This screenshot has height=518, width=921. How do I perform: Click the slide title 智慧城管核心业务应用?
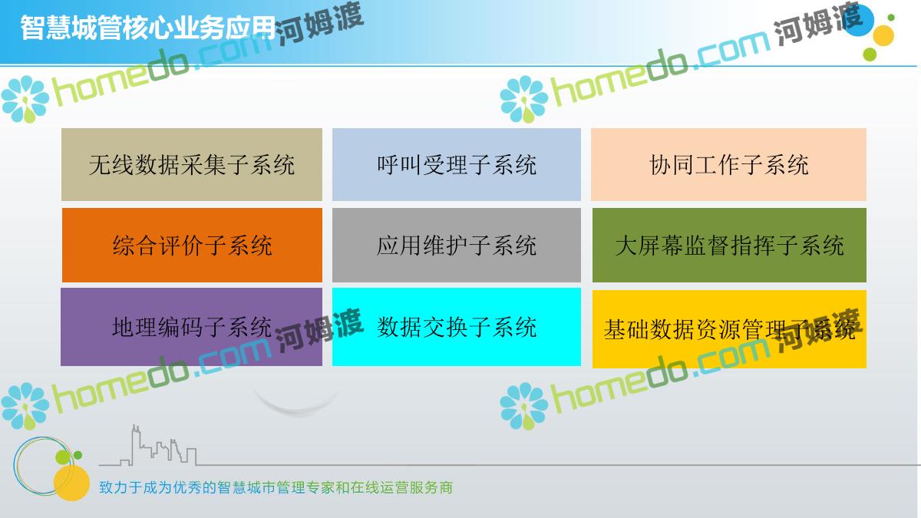point(147,28)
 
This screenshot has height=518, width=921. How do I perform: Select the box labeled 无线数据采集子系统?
point(192,164)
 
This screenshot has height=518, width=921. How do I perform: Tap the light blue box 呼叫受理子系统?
point(457,164)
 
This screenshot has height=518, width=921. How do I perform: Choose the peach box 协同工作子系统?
point(728,164)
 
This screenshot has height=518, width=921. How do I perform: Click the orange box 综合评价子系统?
point(192,245)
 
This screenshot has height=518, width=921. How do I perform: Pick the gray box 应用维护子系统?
point(457,245)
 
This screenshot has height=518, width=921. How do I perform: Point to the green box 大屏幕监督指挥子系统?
point(729,245)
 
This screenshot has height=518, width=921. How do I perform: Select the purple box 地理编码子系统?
point(191,327)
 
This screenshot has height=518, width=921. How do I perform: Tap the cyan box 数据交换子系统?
point(457,327)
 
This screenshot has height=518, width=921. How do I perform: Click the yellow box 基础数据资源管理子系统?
point(729,329)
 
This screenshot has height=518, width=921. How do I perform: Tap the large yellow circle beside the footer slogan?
point(71,483)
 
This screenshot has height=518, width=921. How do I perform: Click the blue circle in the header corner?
point(858,21)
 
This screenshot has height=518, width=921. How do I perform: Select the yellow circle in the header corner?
point(883,35)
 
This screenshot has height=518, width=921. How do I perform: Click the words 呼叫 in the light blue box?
point(400,165)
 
